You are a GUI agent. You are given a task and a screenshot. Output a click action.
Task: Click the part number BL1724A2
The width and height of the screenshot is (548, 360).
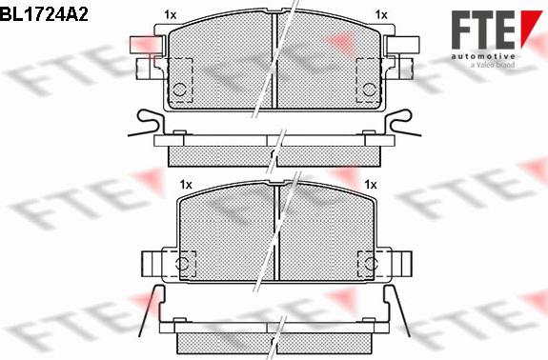point(44,14)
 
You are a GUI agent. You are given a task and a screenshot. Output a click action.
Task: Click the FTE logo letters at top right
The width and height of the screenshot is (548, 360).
point(483,30)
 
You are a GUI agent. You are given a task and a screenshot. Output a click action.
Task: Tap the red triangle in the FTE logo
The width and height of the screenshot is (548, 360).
point(531,28)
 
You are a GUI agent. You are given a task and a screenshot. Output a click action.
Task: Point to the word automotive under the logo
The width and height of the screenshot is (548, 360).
point(483,56)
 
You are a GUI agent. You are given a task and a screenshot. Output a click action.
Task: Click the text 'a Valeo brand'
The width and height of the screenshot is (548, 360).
point(492,65)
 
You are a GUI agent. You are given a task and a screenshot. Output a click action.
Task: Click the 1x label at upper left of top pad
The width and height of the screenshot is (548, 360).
point(171,15)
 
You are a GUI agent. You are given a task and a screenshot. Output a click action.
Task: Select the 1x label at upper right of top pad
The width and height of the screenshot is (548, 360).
point(381,15)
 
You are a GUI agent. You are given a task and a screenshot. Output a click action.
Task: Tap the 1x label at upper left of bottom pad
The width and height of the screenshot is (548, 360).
point(186,185)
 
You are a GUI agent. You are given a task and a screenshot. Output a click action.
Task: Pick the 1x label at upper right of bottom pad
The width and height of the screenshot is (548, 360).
point(371,185)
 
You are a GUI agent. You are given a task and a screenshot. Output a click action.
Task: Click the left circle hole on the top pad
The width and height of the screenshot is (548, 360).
point(179,90)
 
